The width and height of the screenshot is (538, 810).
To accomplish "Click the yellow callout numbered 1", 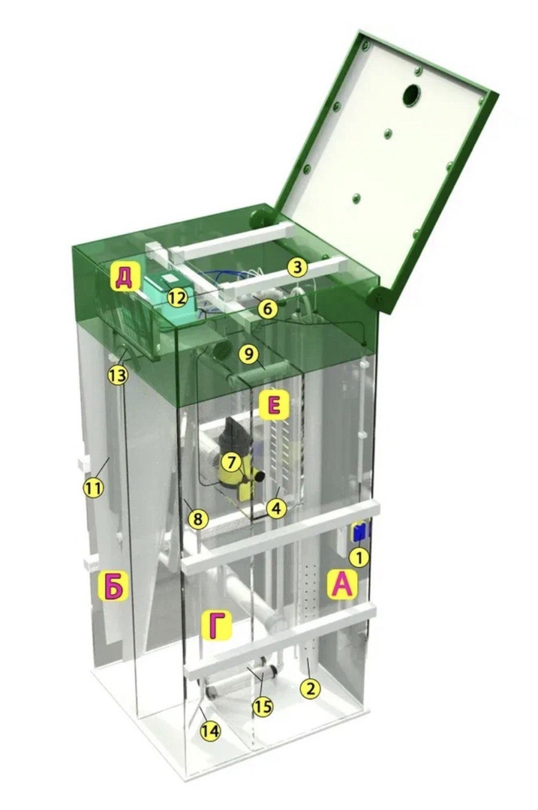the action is pos(360,556).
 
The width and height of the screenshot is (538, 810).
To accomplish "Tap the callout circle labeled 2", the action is pos(311,688).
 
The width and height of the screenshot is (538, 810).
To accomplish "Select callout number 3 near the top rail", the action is pos(297,267).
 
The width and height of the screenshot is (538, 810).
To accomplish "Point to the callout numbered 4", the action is pos(276,508).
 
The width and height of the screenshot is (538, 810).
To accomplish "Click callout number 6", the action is pos(268,309).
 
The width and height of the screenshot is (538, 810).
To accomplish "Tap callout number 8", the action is pos(197,519).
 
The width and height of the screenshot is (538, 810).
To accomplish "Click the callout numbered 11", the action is pos(94,487).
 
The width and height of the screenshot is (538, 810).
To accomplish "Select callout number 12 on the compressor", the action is pos(177,298).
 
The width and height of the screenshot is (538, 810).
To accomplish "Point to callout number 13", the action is pos(117,376).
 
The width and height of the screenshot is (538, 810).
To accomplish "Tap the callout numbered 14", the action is pos(212,730).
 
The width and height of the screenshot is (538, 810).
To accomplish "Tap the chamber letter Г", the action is pos(217,625).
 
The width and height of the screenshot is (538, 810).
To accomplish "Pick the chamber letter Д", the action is pos(124,279).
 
